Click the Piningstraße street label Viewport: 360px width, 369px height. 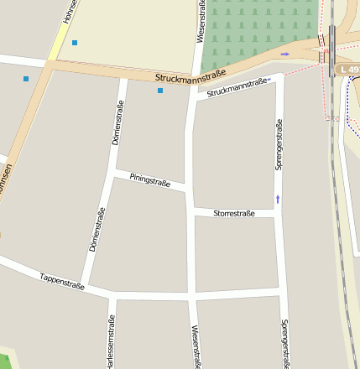tap(149, 179)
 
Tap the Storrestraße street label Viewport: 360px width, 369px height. tap(234, 214)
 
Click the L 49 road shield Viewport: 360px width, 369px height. tap(348, 69)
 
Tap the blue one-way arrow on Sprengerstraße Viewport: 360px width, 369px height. tap(278, 200)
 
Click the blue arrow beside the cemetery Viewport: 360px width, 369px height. tap(284, 55)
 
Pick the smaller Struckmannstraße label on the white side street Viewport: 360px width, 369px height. tap(238, 86)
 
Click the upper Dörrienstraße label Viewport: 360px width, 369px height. tap(118, 122)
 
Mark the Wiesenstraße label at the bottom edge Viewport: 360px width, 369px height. tap(195, 347)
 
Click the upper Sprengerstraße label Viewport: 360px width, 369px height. tap(279, 144)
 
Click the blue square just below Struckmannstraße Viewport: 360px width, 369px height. tap(160, 91)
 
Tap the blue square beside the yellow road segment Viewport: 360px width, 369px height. tap(75, 42)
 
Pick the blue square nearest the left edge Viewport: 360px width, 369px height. tap(26, 79)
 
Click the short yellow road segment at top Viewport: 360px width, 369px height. tap(58, 42)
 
